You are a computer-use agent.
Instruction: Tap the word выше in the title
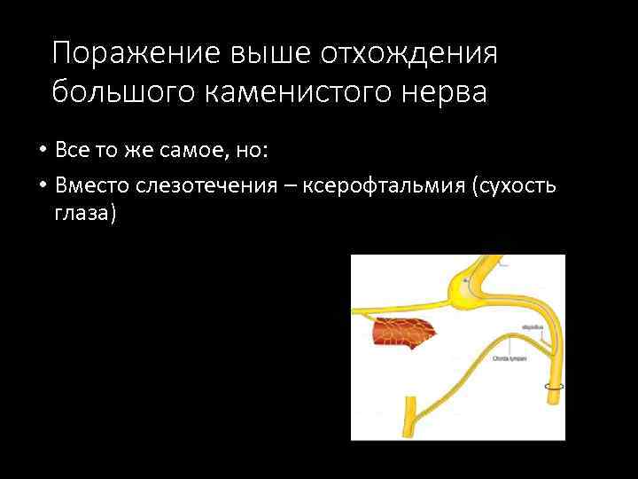[x=256, y=54]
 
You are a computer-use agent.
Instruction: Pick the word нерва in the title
[x=443, y=91]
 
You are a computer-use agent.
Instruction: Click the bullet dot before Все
[x=42, y=151]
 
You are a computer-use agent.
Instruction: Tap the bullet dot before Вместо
[x=42, y=185]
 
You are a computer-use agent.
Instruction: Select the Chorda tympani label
[x=510, y=358]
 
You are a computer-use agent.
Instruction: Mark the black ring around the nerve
[x=555, y=387]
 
